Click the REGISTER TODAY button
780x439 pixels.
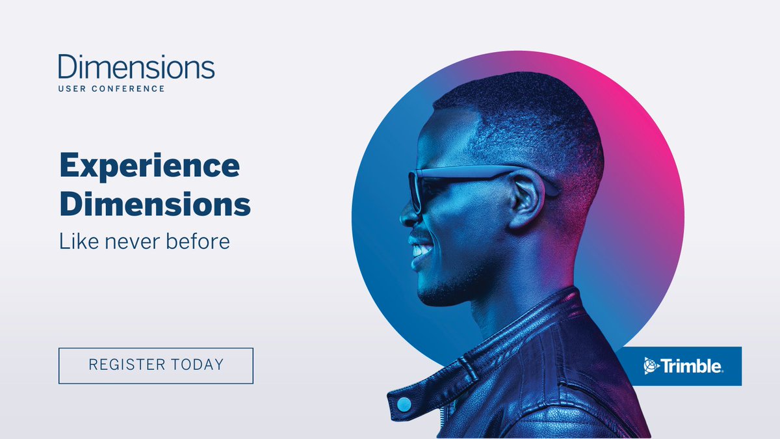[x=156, y=366]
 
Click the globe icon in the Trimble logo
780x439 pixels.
[x=651, y=366]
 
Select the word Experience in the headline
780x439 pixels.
[x=149, y=167]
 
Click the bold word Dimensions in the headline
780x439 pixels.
[x=155, y=204]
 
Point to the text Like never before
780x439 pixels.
[x=144, y=242]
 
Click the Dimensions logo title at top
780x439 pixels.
[x=136, y=66]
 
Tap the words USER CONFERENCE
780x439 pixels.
[x=111, y=88]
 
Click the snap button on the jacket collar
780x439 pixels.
[x=404, y=404]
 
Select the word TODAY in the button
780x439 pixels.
[x=194, y=365]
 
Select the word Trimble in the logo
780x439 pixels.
[x=692, y=366]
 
